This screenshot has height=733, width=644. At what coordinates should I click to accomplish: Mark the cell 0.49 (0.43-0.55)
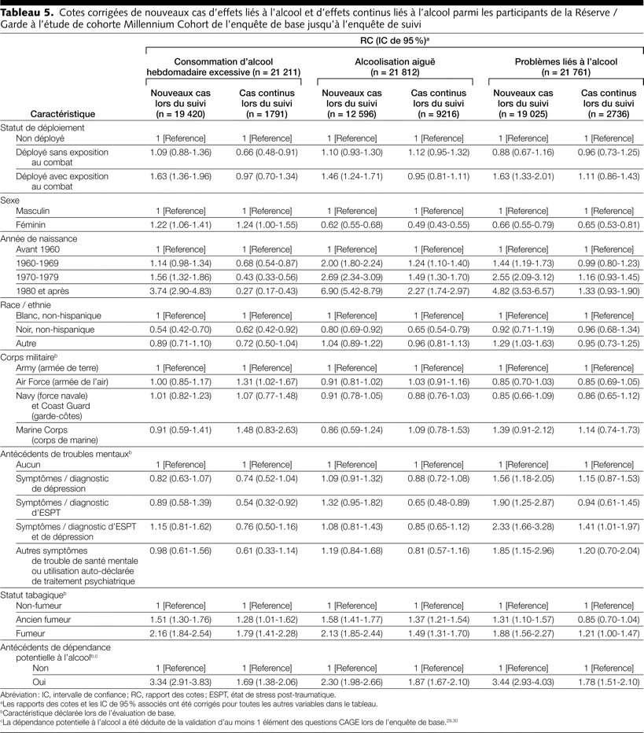pos(437,224)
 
